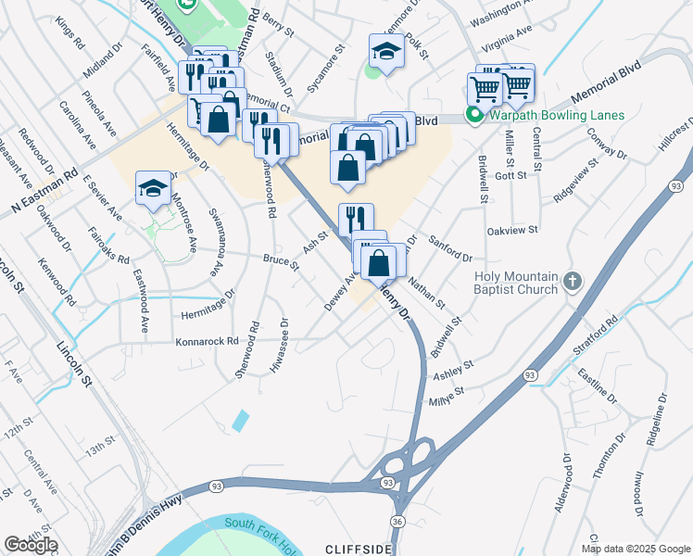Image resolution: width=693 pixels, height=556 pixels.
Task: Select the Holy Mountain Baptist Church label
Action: click(517, 283)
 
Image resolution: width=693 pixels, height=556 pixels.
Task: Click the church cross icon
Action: click(574, 281)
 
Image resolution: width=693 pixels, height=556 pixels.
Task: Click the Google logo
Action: click(31, 545)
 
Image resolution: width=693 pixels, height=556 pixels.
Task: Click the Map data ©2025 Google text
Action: click(635, 549)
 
